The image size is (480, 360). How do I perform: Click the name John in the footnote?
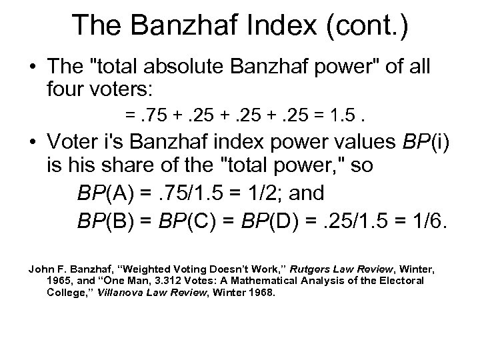(39, 269)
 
